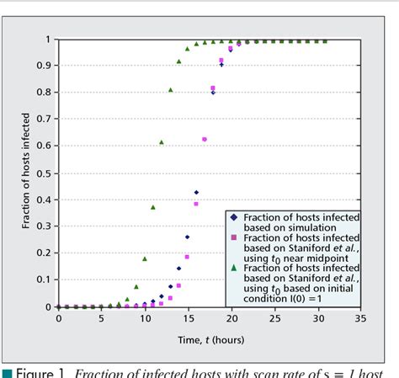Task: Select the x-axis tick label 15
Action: [188, 319]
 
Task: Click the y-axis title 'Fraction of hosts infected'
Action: [26, 173]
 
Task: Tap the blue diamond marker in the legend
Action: [234, 217]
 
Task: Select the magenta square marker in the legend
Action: [234, 238]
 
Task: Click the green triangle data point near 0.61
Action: [162, 142]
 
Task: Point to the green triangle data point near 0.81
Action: [170, 89]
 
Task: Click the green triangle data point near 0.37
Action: [153, 207]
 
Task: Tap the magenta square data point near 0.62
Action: [205, 140]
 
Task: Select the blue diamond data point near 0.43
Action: [196, 193]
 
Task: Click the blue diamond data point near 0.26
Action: [188, 237]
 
